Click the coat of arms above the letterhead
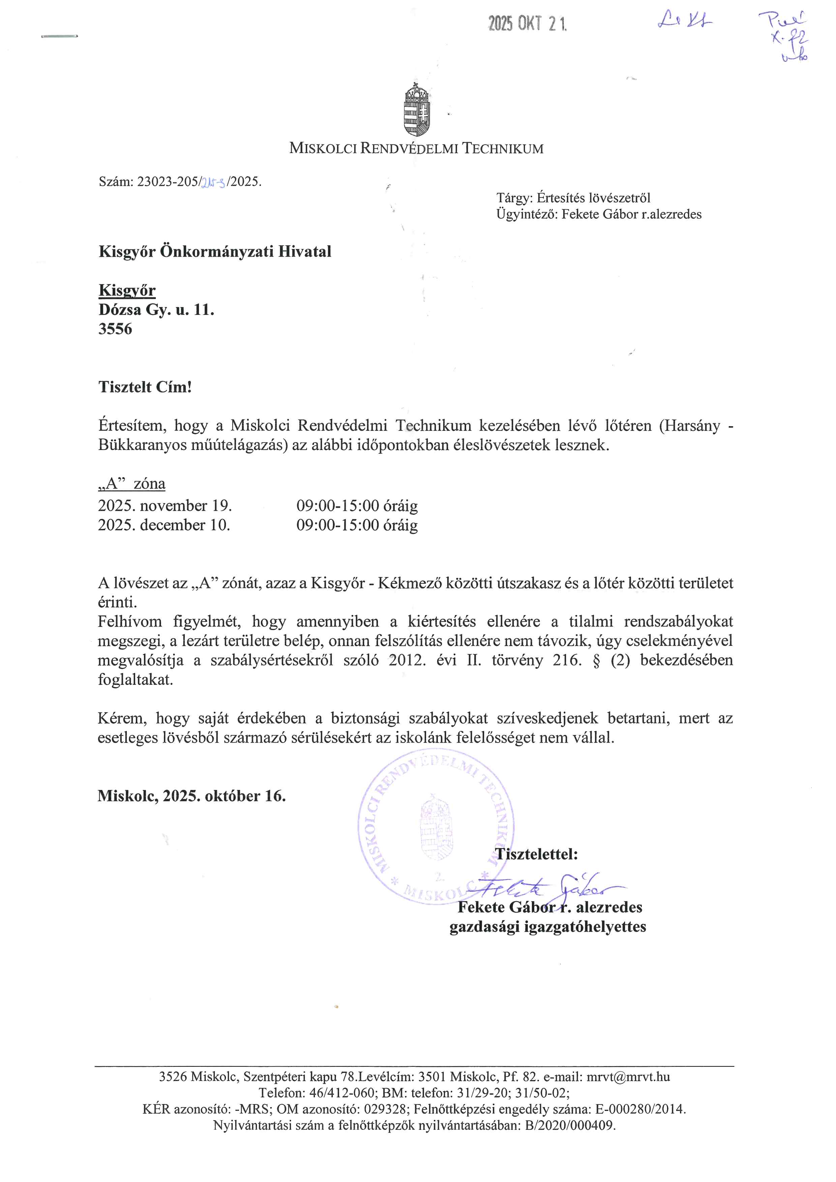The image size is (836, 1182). point(417,110)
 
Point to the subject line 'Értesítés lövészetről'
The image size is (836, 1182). point(594,198)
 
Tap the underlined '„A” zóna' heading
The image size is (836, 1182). point(132,484)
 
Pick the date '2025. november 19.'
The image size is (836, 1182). point(165,506)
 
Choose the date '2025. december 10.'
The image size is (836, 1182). point(164,525)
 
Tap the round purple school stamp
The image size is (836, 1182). point(436,832)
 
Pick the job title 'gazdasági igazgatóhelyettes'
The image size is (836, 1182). point(548,927)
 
